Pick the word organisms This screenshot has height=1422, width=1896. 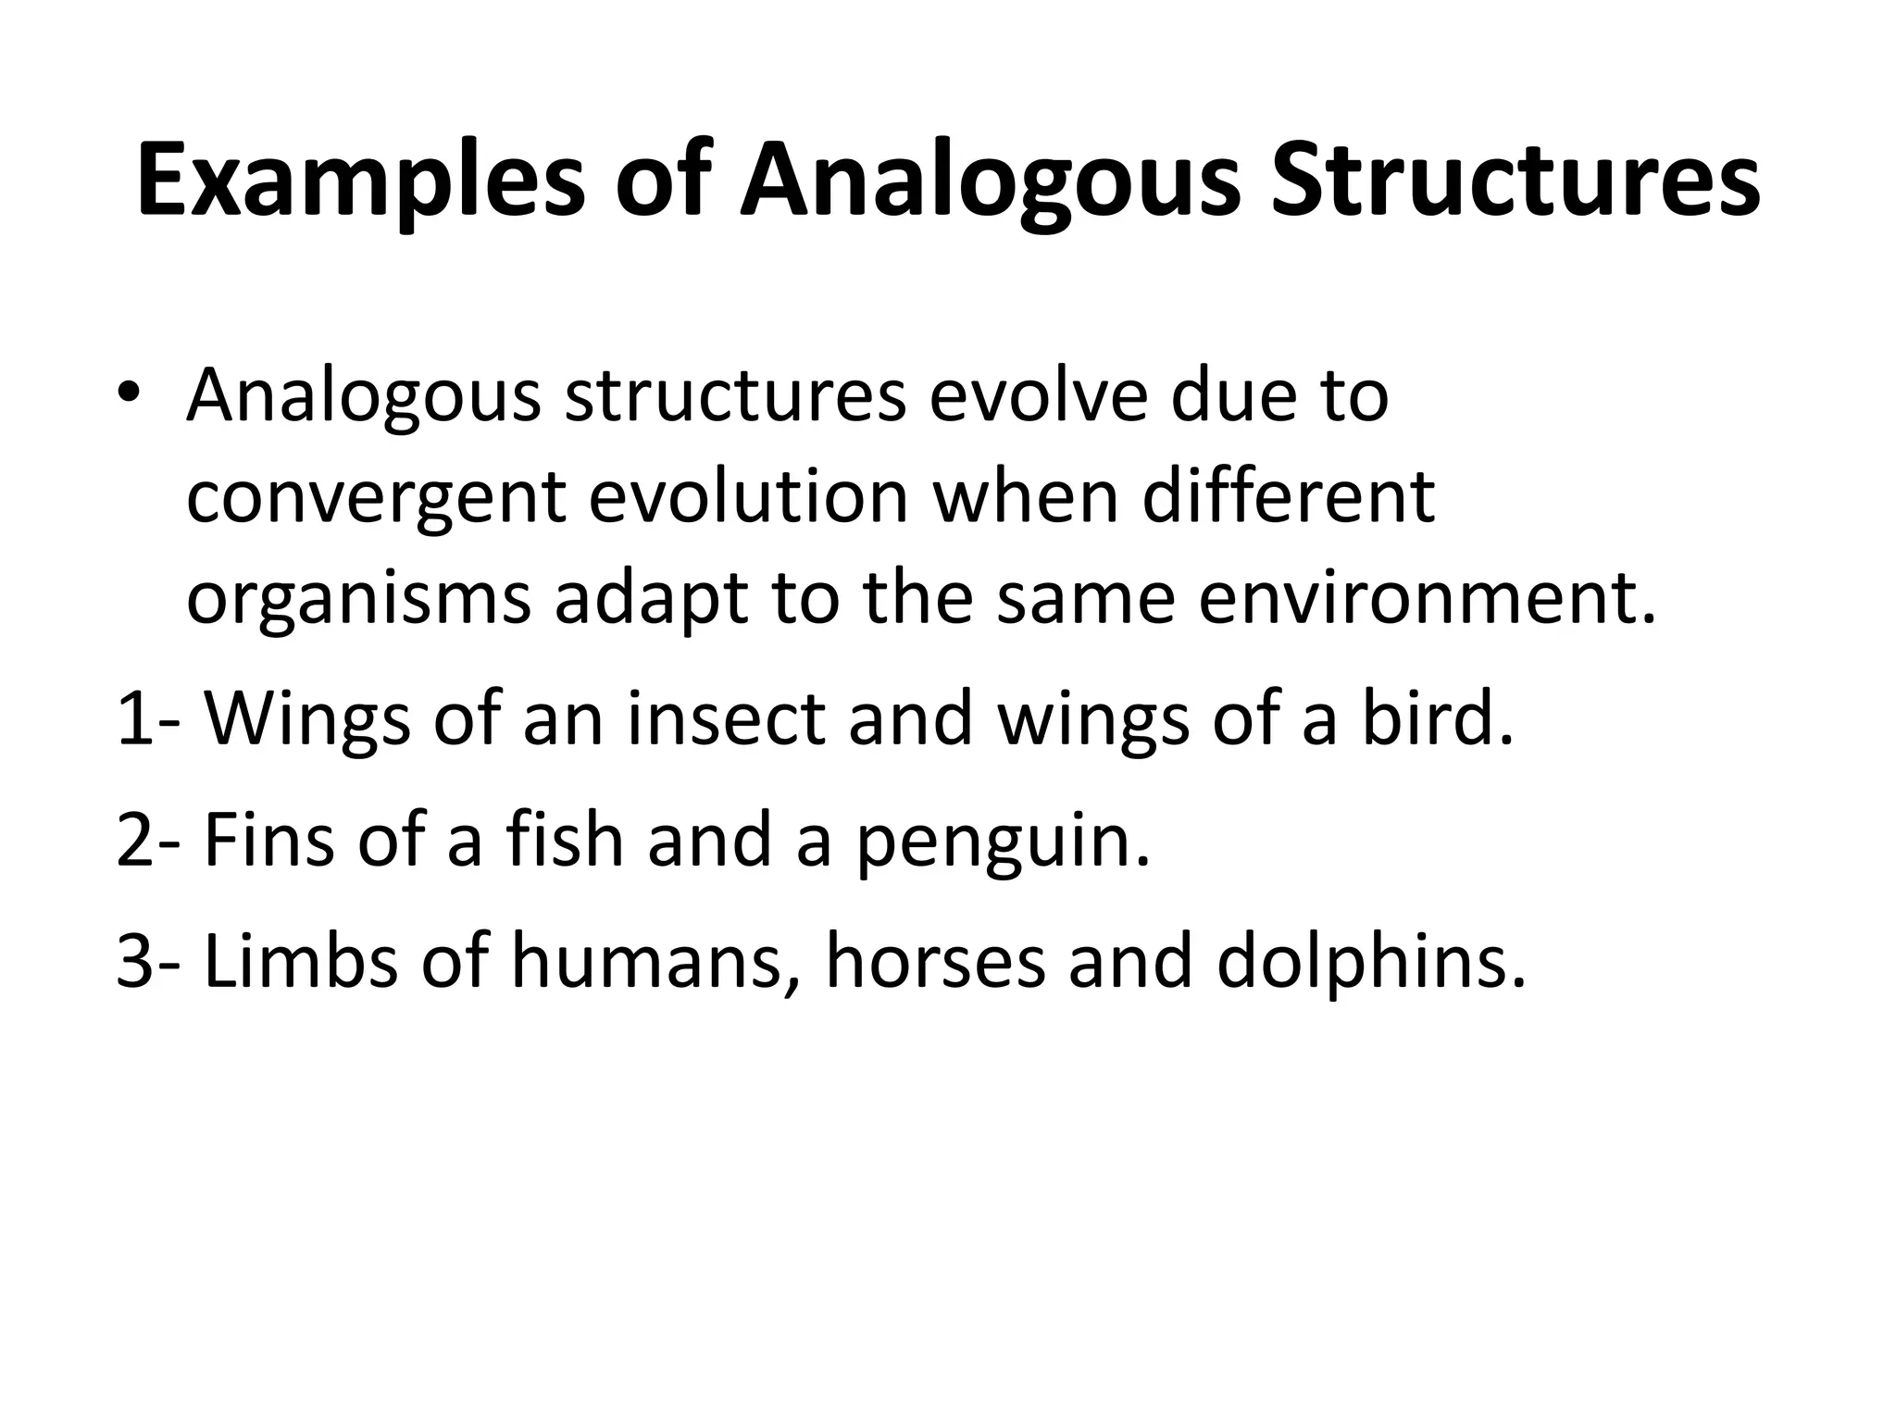coord(358,599)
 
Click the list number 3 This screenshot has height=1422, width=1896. coord(135,962)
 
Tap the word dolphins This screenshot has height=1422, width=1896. coord(1361,962)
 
